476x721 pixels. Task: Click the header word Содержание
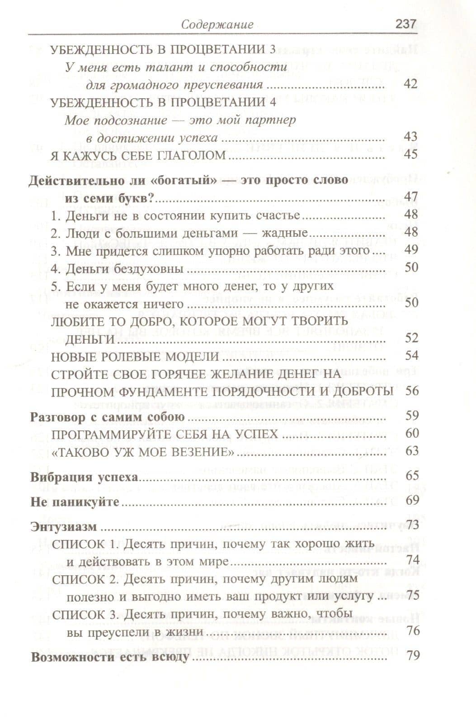pos(217,24)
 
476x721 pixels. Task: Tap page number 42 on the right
pos(410,84)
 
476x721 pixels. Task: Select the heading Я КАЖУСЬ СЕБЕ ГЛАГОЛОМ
pos(138,155)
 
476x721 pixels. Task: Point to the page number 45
pos(411,155)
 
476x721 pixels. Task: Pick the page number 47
pos(411,198)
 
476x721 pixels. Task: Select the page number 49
pos(411,250)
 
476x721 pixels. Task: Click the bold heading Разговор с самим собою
pos(108,417)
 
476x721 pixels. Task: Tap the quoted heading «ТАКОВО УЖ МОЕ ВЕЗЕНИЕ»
pos(143,452)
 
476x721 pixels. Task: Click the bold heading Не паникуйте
pos(75,502)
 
